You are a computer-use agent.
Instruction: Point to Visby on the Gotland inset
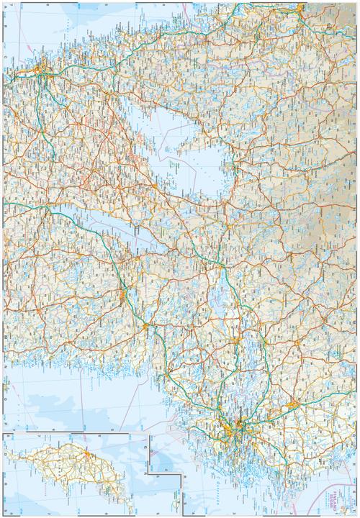[x=87, y=456]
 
